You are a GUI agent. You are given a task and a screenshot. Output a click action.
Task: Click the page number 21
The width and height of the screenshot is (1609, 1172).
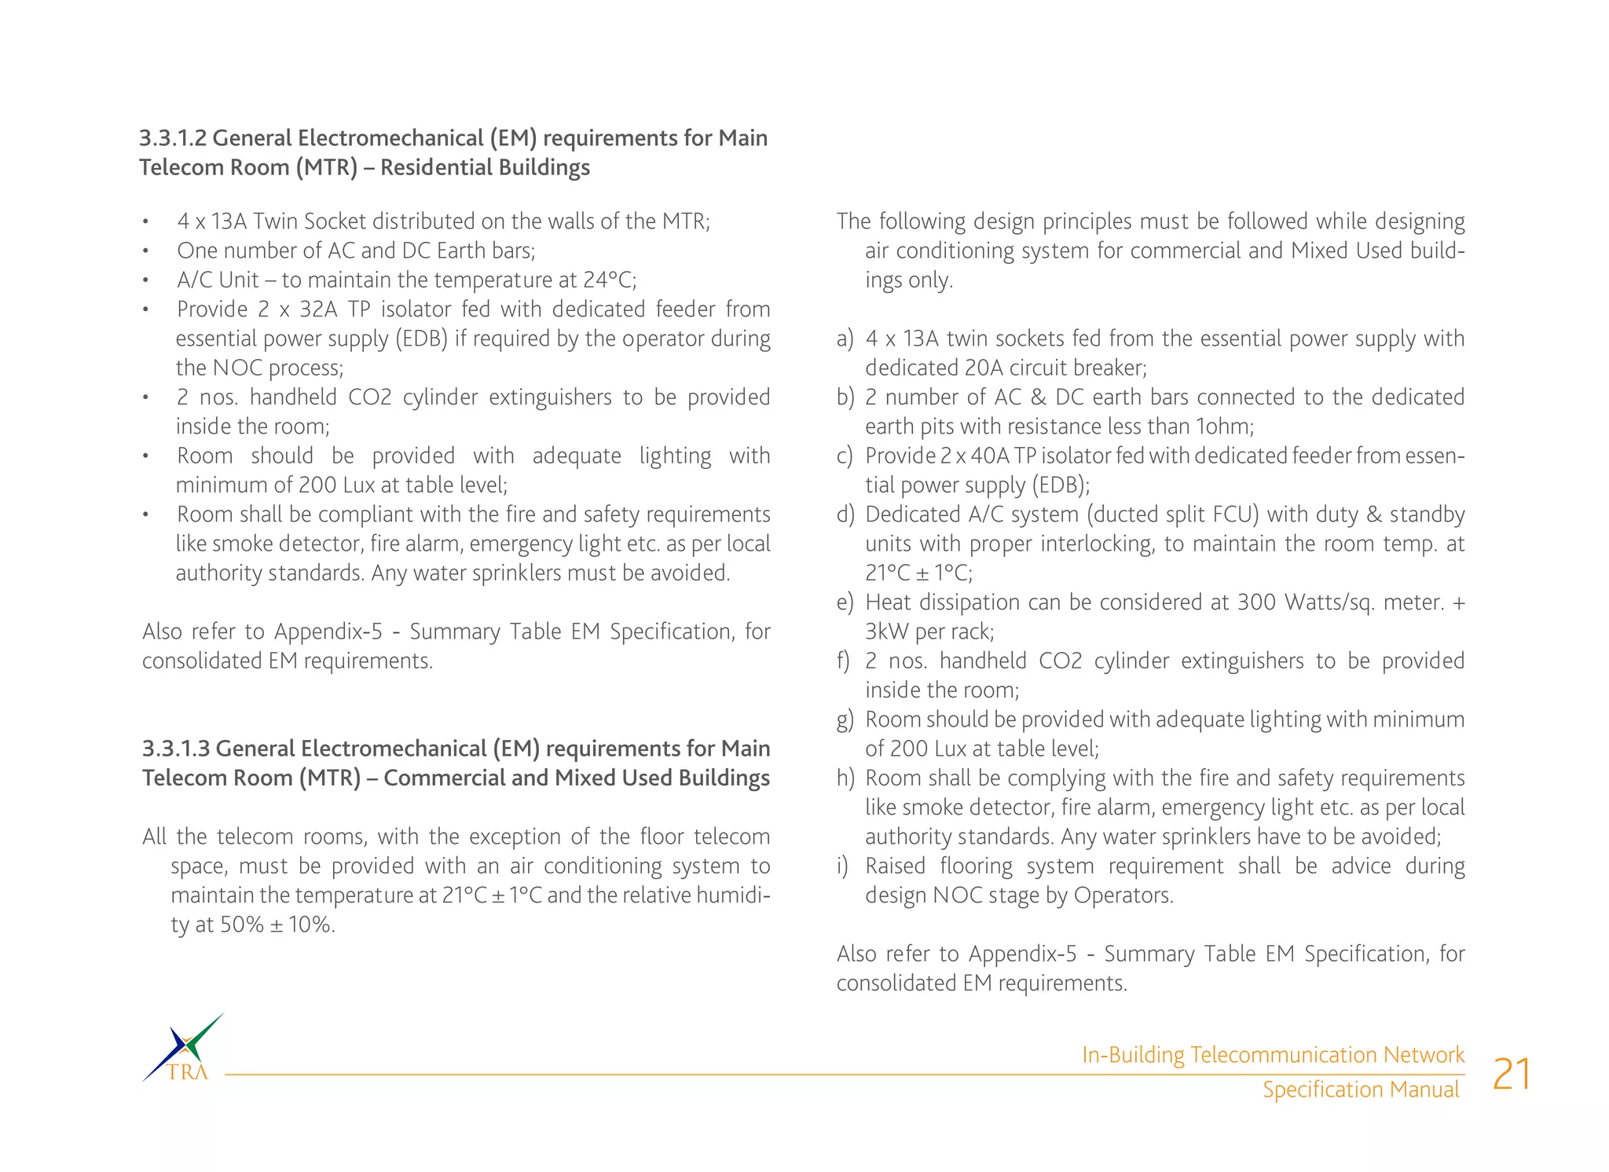pyautogui.click(x=1512, y=1075)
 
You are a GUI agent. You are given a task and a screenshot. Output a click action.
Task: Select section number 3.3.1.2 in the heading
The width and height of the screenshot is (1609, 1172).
pyautogui.click(x=173, y=138)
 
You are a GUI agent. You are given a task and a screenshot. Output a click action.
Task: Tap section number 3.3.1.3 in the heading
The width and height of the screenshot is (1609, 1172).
pyautogui.click(x=176, y=749)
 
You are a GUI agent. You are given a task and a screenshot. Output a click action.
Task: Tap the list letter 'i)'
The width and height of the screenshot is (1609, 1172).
pyautogui.click(x=842, y=866)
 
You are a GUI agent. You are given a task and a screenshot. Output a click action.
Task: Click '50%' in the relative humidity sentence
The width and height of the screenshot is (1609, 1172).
pyautogui.click(x=241, y=925)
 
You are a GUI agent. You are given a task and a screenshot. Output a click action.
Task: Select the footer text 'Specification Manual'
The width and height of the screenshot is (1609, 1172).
pyautogui.click(x=1360, y=1090)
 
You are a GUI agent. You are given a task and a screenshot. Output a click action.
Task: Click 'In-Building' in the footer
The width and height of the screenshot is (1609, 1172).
pyautogui.click(x=1132, y=1055)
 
